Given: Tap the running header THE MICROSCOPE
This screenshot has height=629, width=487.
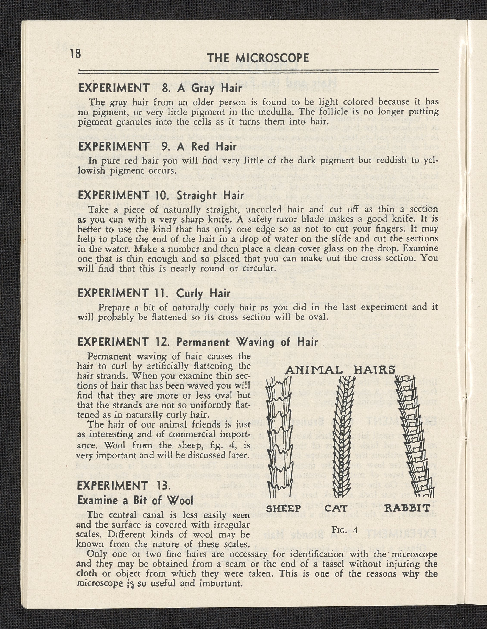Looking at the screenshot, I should coord(258,58).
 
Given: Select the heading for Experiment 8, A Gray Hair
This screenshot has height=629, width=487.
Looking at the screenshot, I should coord(160,88).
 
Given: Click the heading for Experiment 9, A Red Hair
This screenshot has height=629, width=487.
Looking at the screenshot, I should coord(157,147).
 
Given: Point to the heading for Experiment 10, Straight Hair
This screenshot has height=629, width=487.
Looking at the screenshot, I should coord(161,196).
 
